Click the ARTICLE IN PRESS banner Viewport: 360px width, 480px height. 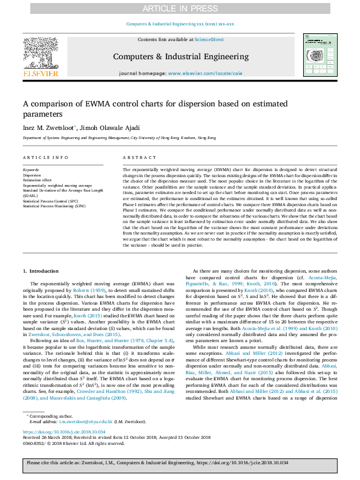tap(180, 8)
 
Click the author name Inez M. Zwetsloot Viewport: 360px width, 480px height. tap(49, 128)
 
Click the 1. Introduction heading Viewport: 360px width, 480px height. tap(41, 271)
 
